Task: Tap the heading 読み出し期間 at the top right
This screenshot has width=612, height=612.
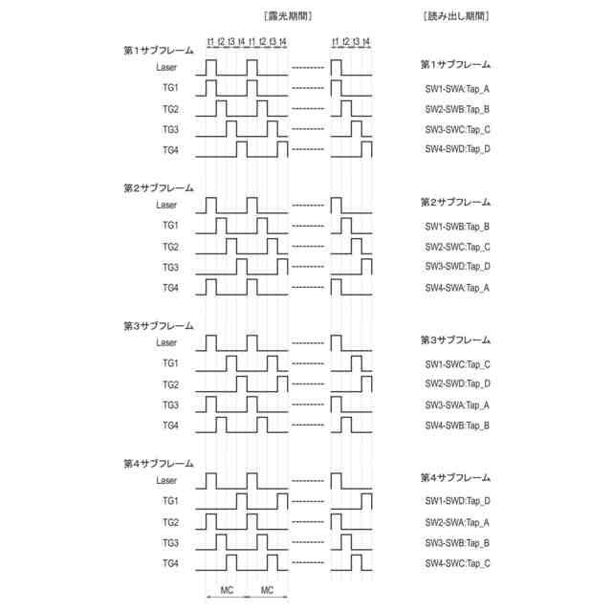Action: [456, 16]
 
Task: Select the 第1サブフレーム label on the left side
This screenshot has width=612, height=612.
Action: [158, 51]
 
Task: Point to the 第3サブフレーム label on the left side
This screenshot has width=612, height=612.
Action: [158, 326]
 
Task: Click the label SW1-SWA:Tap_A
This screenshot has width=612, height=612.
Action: [457, 89]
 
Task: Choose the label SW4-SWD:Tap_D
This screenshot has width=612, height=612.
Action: [457, 149]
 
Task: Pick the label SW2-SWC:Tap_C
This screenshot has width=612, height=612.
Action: [457, 247]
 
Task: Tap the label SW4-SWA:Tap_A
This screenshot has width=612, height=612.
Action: [457, 288]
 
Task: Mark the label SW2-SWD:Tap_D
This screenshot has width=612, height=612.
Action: [457, 384]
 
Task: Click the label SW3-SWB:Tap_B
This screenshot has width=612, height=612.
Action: [457, 543]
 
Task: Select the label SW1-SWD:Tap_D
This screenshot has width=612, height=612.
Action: [457, 501]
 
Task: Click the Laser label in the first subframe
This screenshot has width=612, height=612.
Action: [166, 67]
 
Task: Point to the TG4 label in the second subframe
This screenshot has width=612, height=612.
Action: [170, 288]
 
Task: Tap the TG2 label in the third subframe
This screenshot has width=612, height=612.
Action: [170, 384]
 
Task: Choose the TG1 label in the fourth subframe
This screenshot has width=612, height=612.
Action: [170, 501]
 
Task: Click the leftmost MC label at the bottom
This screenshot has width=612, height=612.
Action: [227, 590]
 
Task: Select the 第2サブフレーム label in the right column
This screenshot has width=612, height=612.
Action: [455, 203]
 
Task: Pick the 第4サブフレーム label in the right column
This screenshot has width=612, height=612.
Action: [455, 477]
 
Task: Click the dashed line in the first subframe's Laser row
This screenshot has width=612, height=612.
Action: [307, 67]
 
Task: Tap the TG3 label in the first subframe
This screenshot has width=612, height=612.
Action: [170, 129]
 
